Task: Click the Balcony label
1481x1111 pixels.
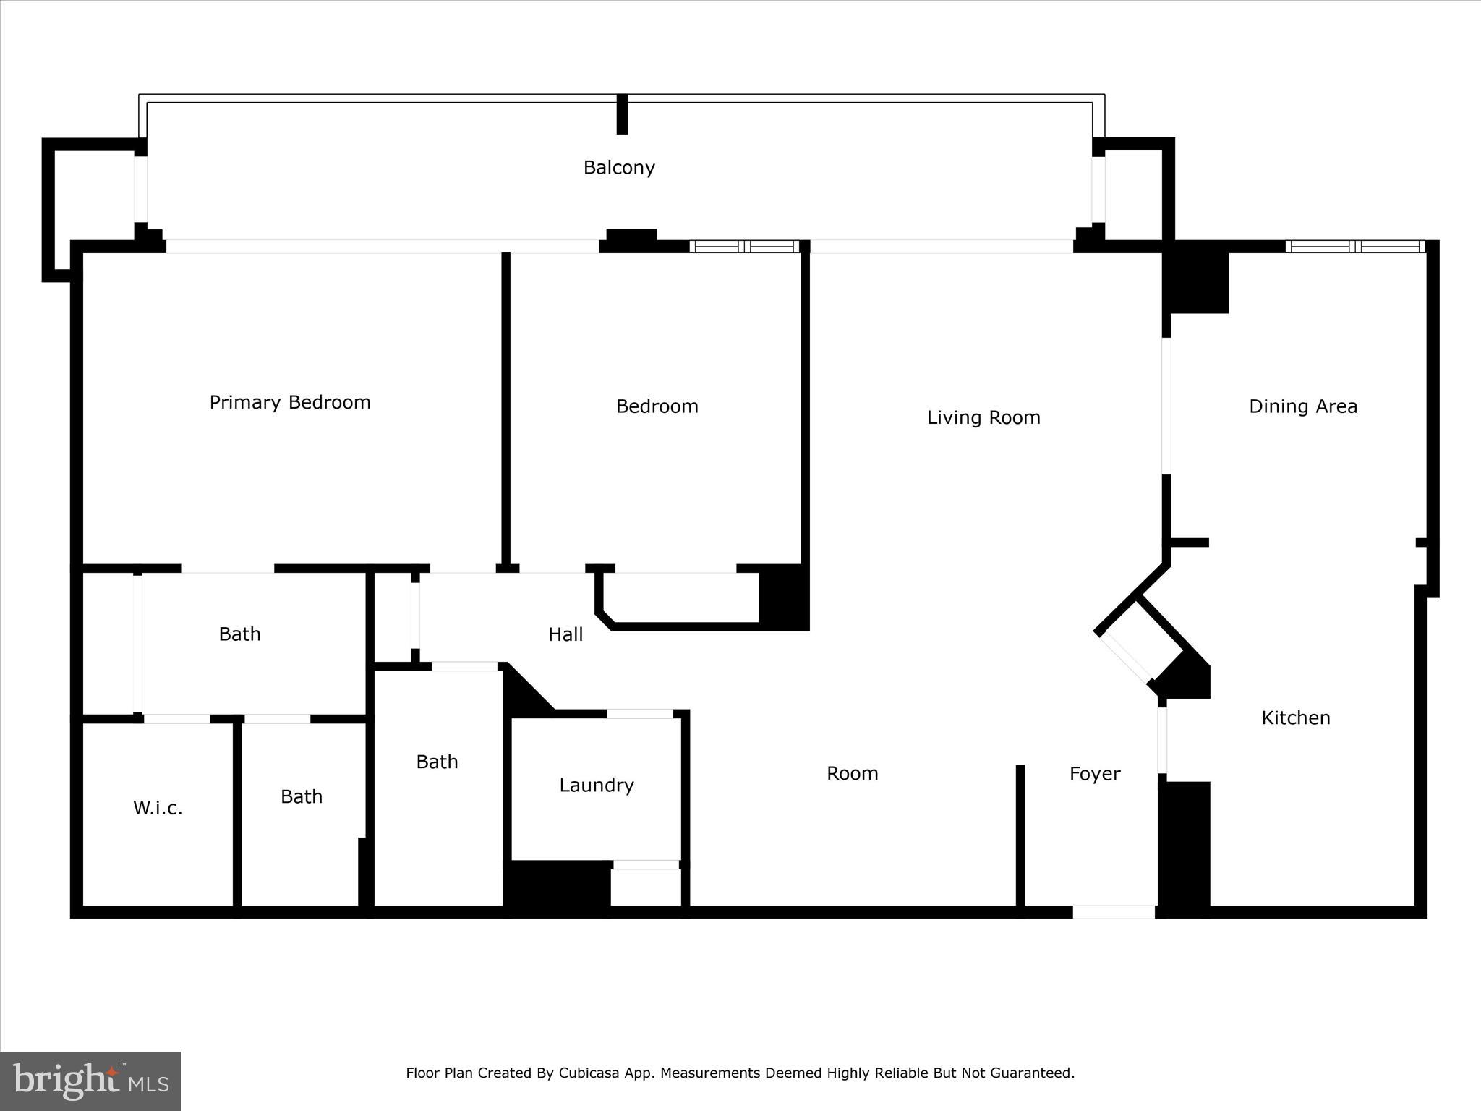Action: click(x=619, y=168)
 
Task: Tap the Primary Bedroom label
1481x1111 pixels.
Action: click(x=290, y=403)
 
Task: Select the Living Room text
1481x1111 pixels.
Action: click(x=983, y=418)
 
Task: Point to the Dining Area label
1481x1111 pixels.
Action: click(x=1303, y=406)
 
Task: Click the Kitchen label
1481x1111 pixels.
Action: click(x=1296, y=718)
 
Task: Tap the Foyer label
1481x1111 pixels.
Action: click(x=1095, y=774)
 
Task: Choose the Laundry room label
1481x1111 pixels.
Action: click(x=597, y=786)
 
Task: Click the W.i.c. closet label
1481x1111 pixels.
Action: click(x=158, y=808)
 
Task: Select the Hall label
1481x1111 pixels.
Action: click(x=565, y=635)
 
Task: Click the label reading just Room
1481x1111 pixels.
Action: click(x=853, y=774)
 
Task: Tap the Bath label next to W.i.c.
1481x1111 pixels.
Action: click(x=302, y=797)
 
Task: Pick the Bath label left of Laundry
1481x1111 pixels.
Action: click(x=437, y=762)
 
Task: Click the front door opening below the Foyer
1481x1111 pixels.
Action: click(x=1114, y=912)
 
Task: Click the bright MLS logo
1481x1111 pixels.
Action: click(x=90, y=1081)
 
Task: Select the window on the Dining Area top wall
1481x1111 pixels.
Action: click(x=1355, y=247)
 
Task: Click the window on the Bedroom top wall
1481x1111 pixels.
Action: click(x=745, y=247)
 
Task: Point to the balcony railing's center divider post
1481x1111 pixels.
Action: click(x=622, y=114)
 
